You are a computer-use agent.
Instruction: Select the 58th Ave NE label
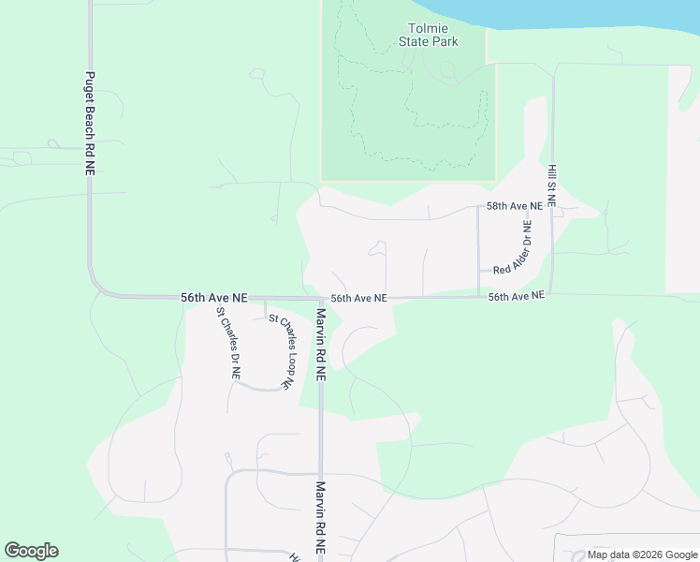click(514, 205)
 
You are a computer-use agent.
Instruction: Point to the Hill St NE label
click(552, 184)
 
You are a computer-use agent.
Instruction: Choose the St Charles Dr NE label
click(228, 344)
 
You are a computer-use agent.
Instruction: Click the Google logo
click(31, 551)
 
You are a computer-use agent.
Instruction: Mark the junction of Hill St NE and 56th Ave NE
click(551, 295)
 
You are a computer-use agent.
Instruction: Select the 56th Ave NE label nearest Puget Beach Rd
click(213, 297)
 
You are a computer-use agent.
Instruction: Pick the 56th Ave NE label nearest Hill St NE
click(516, 296)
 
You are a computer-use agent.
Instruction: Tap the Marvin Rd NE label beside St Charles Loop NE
click(320, 344)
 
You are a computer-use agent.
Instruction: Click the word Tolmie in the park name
click(429, 28)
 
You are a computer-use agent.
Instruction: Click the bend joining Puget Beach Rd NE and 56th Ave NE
click(96, 286)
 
